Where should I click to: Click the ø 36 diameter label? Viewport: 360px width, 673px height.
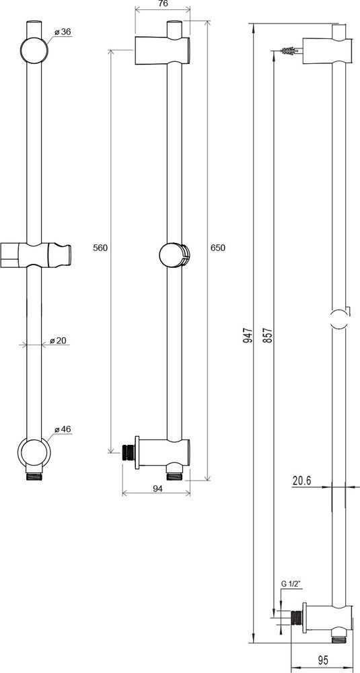click(63, 32)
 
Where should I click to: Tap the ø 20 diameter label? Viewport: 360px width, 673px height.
click(58, 341)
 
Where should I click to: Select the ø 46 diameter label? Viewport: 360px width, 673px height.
click(63, 429)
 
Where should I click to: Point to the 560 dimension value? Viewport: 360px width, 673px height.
click(100, 248)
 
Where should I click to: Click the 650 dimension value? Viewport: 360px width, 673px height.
click(218, 248)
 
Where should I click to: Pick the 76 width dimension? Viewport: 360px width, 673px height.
click(163, 3)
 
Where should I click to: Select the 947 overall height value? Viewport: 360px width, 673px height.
click(247, 334)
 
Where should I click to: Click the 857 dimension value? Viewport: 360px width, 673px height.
click(269, 334)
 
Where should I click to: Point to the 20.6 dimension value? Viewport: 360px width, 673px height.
click(301, 481)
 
